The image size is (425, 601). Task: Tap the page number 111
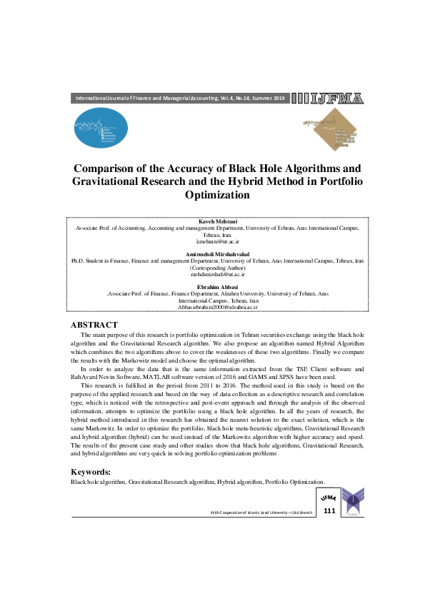pyautogui.click(x=329, y=511)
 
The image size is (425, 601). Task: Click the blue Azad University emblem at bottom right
pyautogui.click(x=353, y=502)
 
